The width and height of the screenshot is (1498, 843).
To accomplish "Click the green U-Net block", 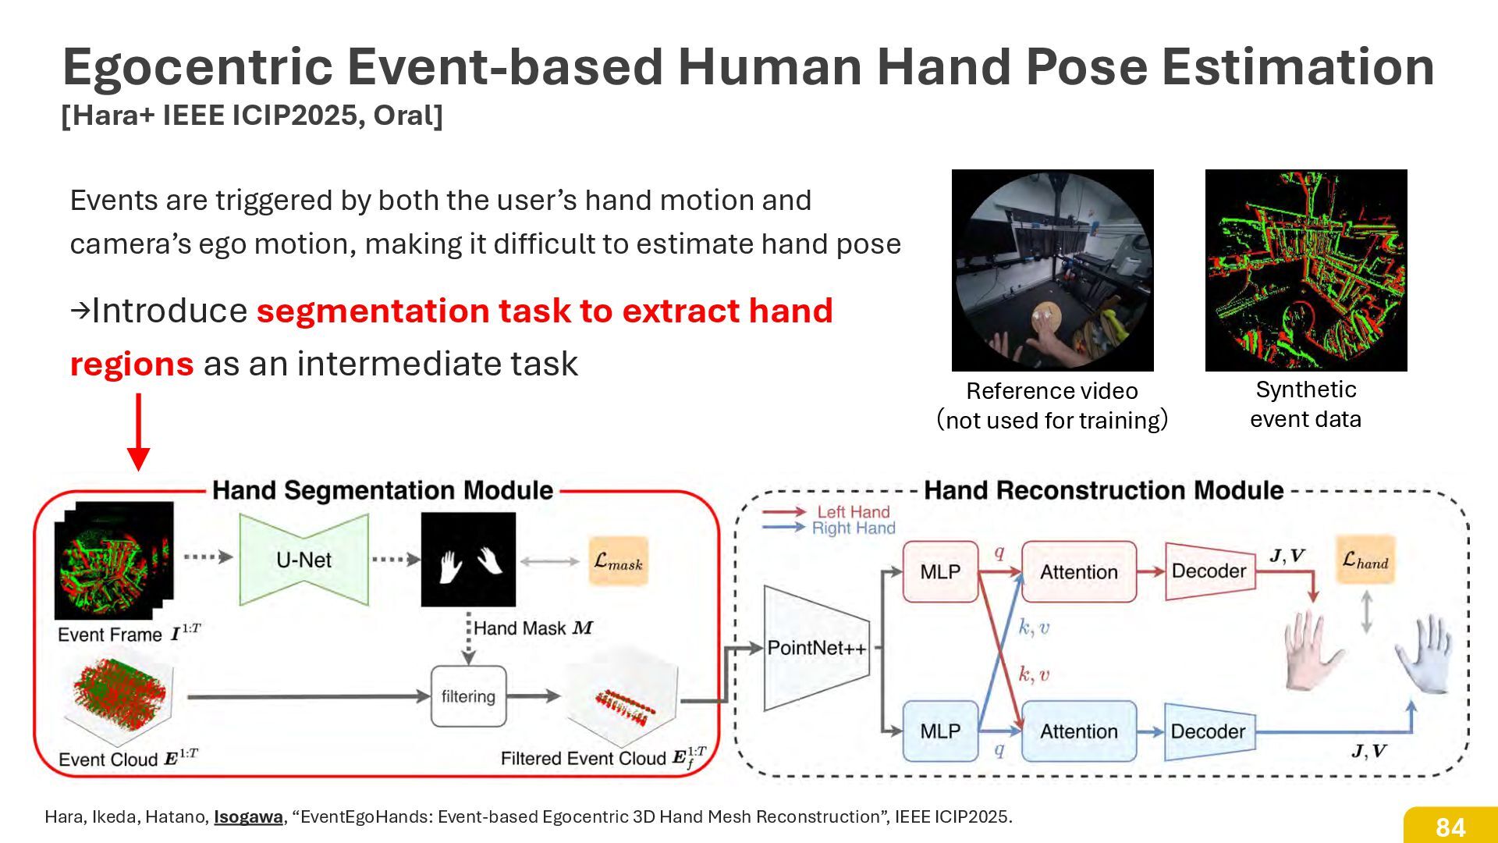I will [304, 560].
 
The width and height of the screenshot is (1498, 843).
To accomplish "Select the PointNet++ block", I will [816, 648].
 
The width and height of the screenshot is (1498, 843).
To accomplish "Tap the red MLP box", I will [940, 572].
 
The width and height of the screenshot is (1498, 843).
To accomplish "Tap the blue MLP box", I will [940, 731].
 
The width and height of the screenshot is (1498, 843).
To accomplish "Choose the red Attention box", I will [1078, 572].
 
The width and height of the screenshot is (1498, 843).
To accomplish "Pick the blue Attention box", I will [1078, 731].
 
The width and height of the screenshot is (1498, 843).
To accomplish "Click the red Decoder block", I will [1209, 571].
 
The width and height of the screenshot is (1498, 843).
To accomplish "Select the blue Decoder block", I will [1209, 731].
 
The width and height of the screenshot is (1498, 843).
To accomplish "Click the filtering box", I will [468, 696].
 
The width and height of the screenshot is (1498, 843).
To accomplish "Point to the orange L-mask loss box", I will [618, 561].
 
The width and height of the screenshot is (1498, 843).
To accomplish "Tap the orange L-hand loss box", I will [1365, 560].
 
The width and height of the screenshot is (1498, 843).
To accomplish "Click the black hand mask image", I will [468, 560].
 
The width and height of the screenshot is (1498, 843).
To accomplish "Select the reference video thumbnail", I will [1053, 270].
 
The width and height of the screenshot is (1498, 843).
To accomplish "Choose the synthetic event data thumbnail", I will [1306, 270].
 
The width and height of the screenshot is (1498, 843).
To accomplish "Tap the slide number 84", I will [1450, 827].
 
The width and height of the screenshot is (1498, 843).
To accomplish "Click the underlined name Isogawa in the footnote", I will [248, 817].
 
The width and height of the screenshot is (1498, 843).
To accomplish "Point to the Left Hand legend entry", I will [853, 512].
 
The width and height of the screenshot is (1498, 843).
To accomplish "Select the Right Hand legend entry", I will [853, 528].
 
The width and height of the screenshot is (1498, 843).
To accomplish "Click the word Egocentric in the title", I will [198, 67].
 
